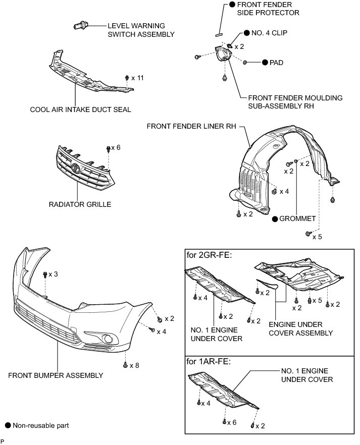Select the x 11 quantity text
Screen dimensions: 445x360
(137, 78)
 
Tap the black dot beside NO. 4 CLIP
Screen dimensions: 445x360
(247, 33)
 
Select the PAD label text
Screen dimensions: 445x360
(277, 63)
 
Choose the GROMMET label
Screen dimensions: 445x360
(297, 219)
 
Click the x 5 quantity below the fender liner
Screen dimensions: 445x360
(317, 236)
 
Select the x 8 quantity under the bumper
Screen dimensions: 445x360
(135, 365)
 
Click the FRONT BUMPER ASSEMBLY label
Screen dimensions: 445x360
(56, 375)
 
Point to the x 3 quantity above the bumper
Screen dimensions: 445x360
(53, 274)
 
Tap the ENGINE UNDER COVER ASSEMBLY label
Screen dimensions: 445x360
(301, 329)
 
